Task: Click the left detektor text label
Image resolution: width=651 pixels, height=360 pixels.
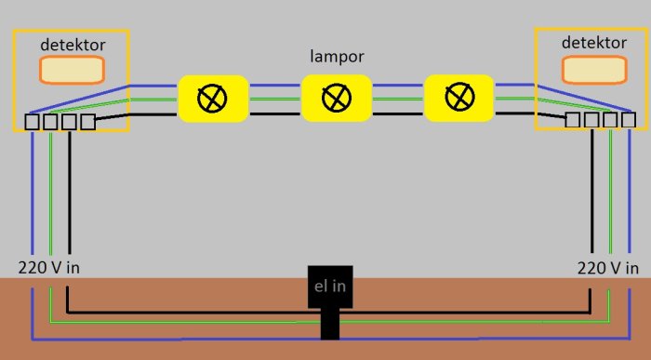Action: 73,45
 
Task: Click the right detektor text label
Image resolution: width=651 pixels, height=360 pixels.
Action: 593,43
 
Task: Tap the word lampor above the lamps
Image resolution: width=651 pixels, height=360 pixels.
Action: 337,57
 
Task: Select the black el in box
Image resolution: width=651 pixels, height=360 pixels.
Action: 330,287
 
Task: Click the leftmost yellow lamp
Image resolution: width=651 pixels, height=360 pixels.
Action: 213,99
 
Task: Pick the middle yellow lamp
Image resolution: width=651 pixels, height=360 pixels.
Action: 337,98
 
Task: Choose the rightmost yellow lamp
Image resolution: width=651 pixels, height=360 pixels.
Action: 458,98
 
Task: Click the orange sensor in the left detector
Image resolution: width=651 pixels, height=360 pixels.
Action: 72,70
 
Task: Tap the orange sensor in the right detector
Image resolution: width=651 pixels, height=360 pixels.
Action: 593,70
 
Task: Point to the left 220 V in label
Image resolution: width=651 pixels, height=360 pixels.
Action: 49,268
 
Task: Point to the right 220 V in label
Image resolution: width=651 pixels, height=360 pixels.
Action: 608,268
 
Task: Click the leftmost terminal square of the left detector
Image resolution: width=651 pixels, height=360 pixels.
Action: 32,122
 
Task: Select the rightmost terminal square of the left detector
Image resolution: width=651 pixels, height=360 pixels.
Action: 88,122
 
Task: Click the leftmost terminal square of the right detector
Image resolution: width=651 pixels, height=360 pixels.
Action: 573,120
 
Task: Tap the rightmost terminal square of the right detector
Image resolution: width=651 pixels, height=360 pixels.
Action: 629,120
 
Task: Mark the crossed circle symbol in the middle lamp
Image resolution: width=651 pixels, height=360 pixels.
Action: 337,98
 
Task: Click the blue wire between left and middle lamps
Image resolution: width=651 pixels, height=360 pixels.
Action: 275,86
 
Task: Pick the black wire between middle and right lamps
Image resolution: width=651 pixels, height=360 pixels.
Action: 398,113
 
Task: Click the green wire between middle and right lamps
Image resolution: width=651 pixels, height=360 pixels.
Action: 398,99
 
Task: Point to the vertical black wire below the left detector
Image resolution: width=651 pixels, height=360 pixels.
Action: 70,192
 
